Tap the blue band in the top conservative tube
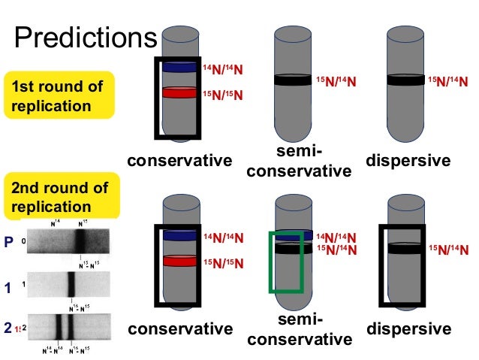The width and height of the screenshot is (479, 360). click(179, 67)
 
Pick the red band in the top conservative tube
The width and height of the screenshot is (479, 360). click(179, 94)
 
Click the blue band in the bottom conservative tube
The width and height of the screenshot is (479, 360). click(179, 235)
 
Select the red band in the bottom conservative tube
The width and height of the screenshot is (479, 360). click(179, 262)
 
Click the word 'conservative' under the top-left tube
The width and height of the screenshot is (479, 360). click(179, 161)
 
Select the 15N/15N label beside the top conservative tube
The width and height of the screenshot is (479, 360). click(223, 96)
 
